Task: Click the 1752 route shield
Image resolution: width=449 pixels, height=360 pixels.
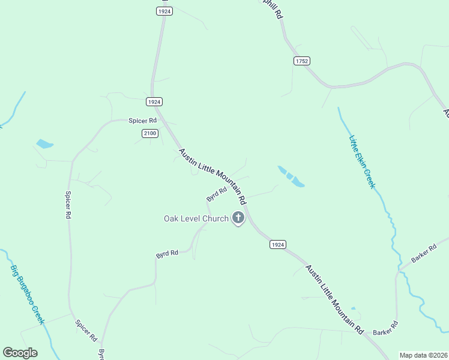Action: [301, 61]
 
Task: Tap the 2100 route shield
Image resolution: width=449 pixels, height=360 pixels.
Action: [150, 133]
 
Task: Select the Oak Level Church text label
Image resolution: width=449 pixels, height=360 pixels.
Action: [196, 218]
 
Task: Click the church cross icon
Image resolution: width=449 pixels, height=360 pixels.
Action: [238, 218]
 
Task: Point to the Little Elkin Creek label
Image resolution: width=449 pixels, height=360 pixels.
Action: [362, 161]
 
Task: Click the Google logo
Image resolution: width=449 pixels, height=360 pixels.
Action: [20, 353]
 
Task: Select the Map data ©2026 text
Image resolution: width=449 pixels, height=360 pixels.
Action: [423, 355]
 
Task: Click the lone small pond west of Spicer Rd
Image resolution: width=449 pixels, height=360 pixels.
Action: [44, 144]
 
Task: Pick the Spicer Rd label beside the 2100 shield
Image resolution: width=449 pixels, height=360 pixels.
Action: [142, 121]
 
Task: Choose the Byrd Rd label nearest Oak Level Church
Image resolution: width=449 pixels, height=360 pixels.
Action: [217, 193]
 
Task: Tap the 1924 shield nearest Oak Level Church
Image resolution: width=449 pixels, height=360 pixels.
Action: [277, 244]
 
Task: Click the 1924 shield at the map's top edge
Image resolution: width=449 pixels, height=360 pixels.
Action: [164, 11]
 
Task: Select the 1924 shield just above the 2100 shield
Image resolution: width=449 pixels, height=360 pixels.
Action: [154, 102]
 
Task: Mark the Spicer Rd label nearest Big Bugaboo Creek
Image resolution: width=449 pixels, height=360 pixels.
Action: [86, 331]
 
